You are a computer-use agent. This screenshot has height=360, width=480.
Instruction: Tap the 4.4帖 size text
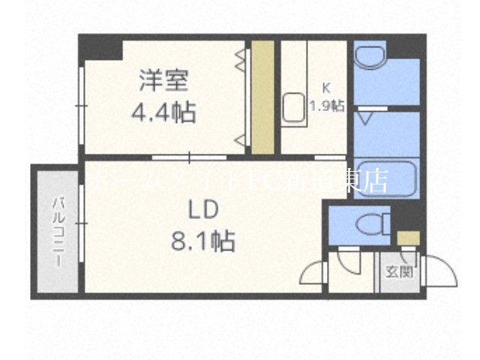coord(163,114)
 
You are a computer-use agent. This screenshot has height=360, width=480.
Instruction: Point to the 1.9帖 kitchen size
coord(328,106)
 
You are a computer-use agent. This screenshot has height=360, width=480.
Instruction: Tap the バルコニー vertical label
coord(56,233)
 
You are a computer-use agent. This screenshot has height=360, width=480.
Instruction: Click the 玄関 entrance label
coord(398,272)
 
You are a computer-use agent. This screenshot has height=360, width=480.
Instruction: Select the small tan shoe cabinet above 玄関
coord(409,239)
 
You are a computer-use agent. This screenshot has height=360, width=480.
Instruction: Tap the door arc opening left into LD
coord(313,271)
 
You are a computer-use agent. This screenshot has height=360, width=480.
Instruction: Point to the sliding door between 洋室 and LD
coord(189,157)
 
